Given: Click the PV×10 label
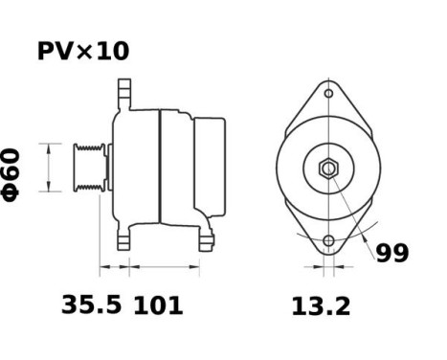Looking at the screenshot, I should coord(82,51).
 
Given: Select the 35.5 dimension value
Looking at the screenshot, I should coord(91,306).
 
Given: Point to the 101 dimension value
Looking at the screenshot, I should coord(157,306).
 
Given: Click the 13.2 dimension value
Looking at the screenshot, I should coord(320,306).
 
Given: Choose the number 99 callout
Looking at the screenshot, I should coord(391,254).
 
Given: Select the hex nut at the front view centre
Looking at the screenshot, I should coord(328,169).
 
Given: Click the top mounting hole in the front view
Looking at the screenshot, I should coord(328,95).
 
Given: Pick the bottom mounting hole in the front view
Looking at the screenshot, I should coord(329,240).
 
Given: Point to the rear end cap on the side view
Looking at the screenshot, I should coord(212,168).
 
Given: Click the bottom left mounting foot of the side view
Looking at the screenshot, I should coord(123,237).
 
